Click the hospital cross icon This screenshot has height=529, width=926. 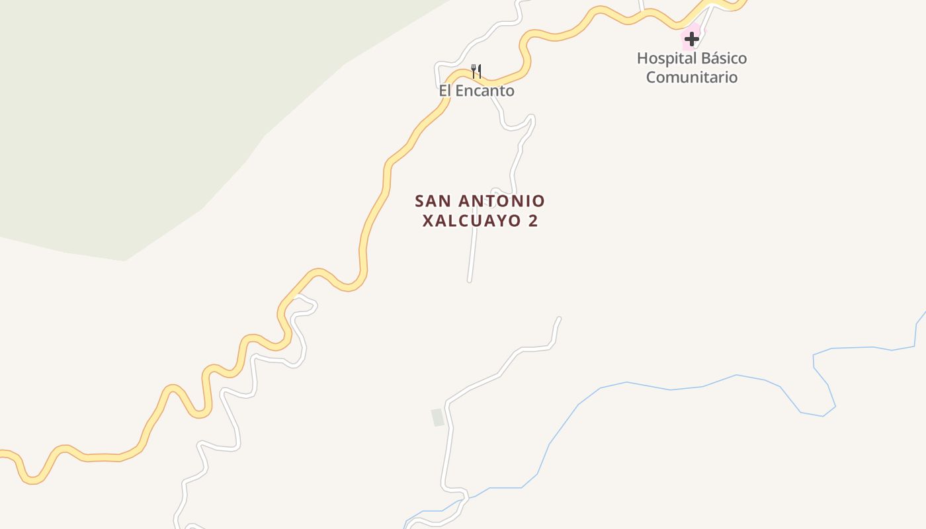click(x=692, y=39)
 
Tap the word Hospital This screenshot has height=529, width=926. click(x=664, y=58)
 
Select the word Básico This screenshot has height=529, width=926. click(x=722, y=58)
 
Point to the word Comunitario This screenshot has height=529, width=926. click(x=692, y=77)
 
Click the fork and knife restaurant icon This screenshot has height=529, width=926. click(x=476, y=71)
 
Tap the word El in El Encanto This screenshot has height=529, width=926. click(x=445, y=91)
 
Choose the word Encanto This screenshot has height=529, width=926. click(x=485, y=91)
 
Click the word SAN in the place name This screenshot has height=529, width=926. click(x=433, y=201)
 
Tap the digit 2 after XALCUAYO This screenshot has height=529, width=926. click(x=533, y=221)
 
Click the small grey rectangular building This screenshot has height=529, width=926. click(x=438, y=417)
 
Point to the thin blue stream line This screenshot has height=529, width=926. click(x=668, y=389)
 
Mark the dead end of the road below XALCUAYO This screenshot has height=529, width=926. click(x=470, y=280)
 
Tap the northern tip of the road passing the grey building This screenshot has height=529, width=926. click(x=559, y=319)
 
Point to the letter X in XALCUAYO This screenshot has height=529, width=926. click(x=428, y=221)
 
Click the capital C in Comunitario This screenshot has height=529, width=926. click(x=652, y=77)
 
